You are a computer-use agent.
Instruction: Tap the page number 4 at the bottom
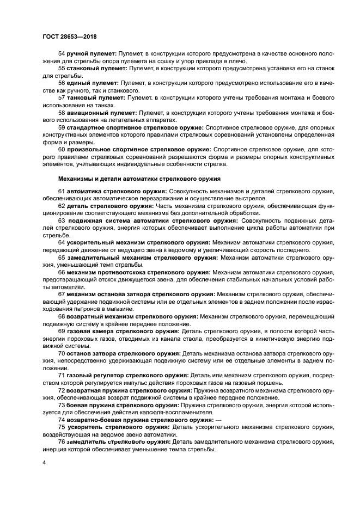point(45,462)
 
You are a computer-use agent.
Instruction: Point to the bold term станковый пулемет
point(95,69)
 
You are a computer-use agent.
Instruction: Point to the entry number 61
point(62,192)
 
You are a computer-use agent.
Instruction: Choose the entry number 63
point(62,221)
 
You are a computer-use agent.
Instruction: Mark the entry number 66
point(62,272)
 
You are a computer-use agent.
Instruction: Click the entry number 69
point(62,331)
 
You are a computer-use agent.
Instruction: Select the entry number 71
point(62,375)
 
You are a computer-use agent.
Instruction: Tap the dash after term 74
point(217,420)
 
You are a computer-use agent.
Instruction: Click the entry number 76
point(62,441)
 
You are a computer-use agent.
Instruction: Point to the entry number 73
point(62,405)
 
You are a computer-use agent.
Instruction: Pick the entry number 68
point(62,316)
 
